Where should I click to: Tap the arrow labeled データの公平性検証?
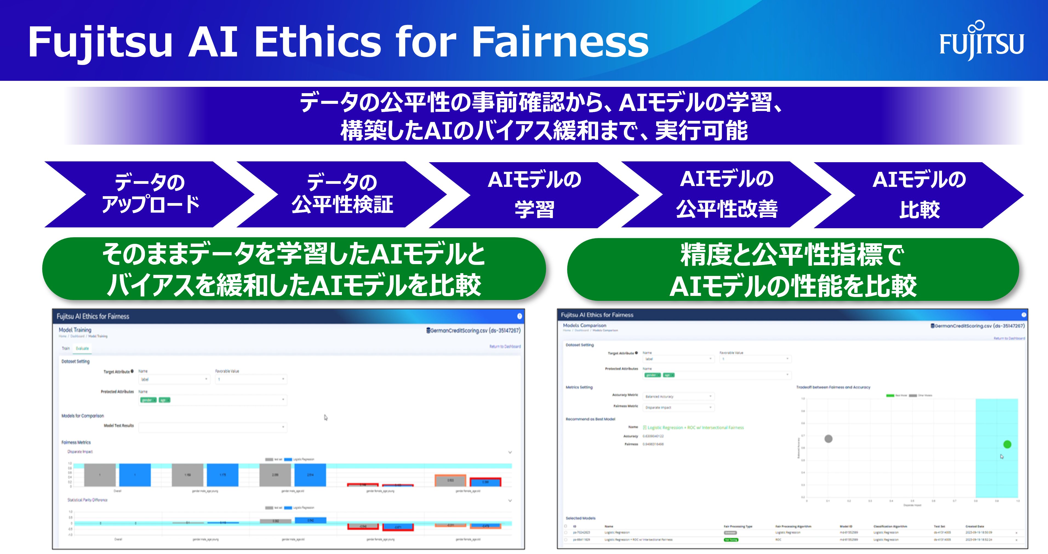point(342,194)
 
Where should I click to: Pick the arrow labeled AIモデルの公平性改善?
point(727,194)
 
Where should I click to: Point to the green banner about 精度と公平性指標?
point(793,270)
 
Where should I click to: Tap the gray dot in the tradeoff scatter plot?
point(828,438)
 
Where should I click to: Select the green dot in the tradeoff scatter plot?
point(1007,444)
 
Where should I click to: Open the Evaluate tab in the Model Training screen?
point(82,349)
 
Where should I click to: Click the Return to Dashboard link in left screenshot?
point(505,347)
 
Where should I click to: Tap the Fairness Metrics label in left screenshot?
point(76,442)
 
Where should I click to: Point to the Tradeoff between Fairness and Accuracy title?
point(833,387)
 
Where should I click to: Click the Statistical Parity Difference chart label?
point(87,500)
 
